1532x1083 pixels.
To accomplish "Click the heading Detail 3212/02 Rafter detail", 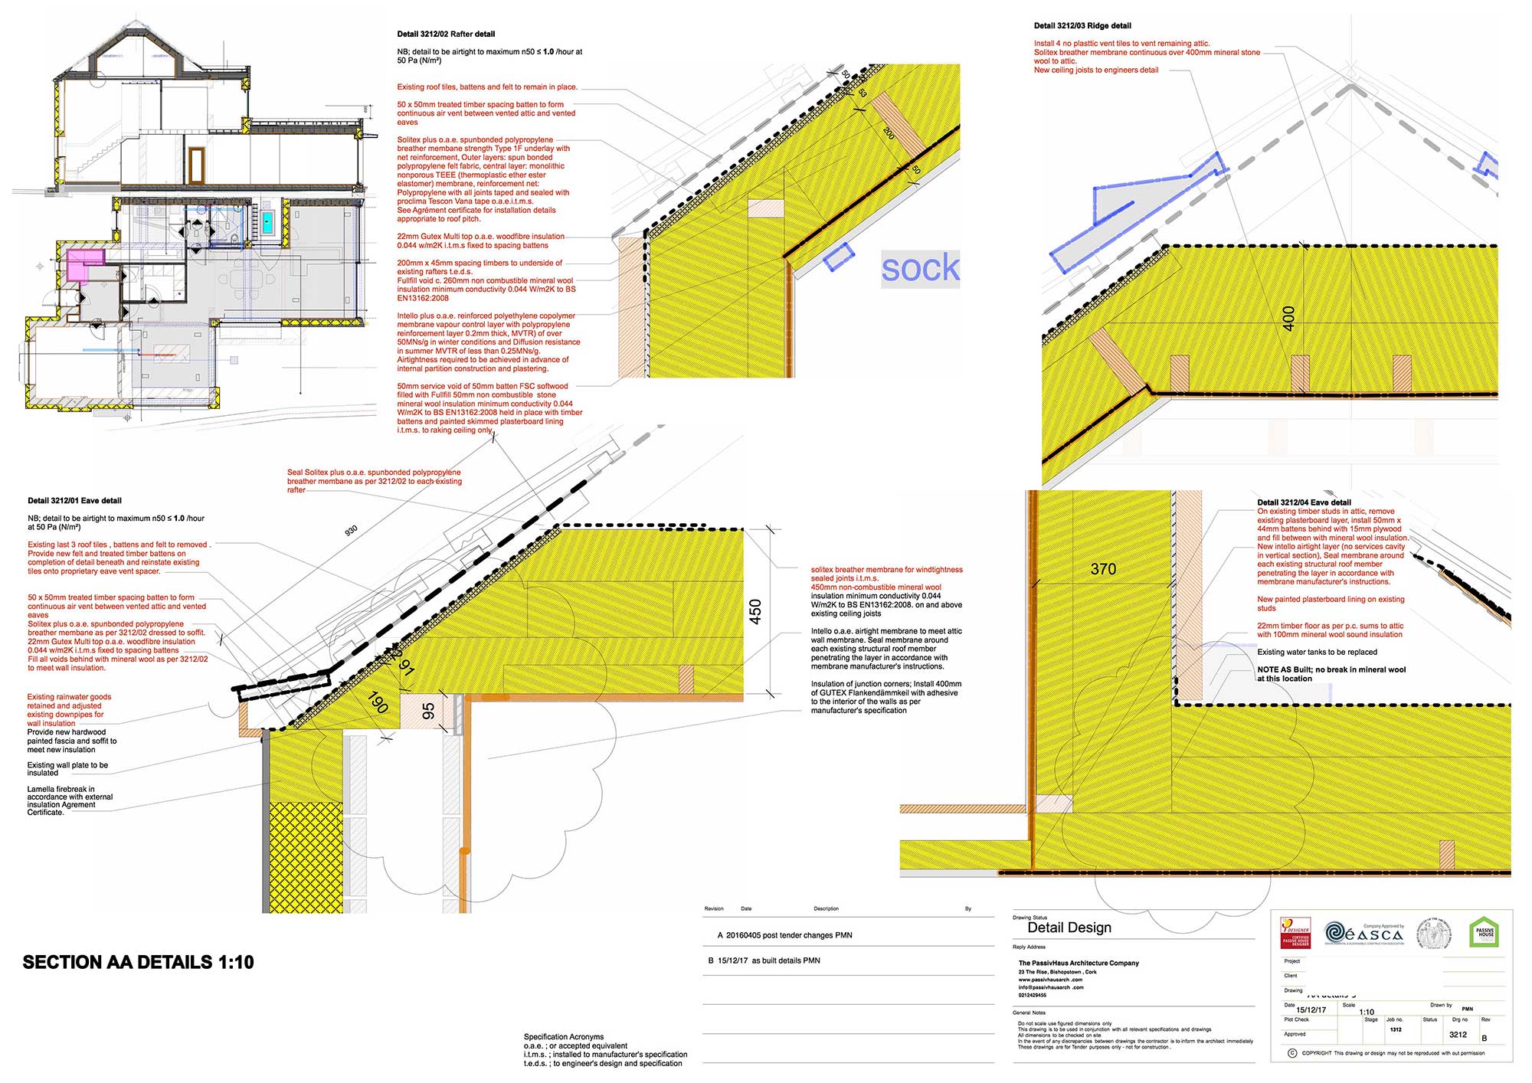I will click(x=446, y=34).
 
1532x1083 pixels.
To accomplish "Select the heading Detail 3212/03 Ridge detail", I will click(x=1082, y=26).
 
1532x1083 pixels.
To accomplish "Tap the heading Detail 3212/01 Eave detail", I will click(x=74, y=501).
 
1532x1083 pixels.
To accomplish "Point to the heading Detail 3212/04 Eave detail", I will click(x=1304, y=503).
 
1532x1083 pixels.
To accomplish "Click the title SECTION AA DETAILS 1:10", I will click(x=138, y=963).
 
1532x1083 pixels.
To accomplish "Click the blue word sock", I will click(x=920, y=268).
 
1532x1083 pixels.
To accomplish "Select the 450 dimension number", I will click(x=755, y=611).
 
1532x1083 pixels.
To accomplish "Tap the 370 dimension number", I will click(x=1103, y=569).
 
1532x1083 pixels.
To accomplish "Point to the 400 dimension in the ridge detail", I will click(x=1288, y=318).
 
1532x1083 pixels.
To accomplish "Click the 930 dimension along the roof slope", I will click(x=351, y=530).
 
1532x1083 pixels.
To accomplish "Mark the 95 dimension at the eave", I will click(x=429, y=711).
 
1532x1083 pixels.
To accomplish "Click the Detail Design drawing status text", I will click(x=1069, y=928).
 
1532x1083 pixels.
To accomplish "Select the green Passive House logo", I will click(x=1485, y=933).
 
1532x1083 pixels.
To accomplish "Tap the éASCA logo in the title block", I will click(x=1363, y=933).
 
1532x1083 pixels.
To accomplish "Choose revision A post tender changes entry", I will click(x=784, y=935).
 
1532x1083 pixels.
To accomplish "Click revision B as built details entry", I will click(x=764, y=960).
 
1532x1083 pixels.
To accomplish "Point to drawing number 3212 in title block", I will click(x=1458, y=1035).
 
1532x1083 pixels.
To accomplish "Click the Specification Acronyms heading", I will click(x=564, y=1037).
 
